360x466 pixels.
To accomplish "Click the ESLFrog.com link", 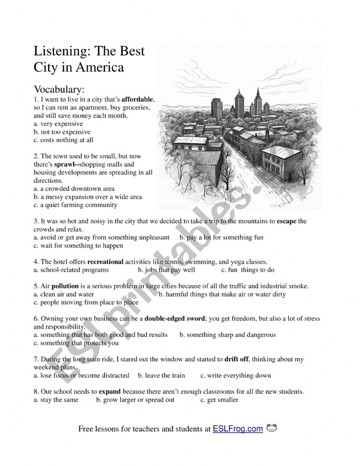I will coord(238,429).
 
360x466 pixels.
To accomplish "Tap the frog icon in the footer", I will coord(272,428).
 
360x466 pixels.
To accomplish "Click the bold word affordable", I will coord(138,100).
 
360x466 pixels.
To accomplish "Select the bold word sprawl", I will coord(64,165).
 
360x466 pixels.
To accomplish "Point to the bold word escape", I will coord(286,221).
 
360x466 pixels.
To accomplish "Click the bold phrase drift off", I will coord(236,359).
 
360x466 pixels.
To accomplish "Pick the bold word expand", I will coord(110,391).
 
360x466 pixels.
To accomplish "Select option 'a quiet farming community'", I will coord(78,205).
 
